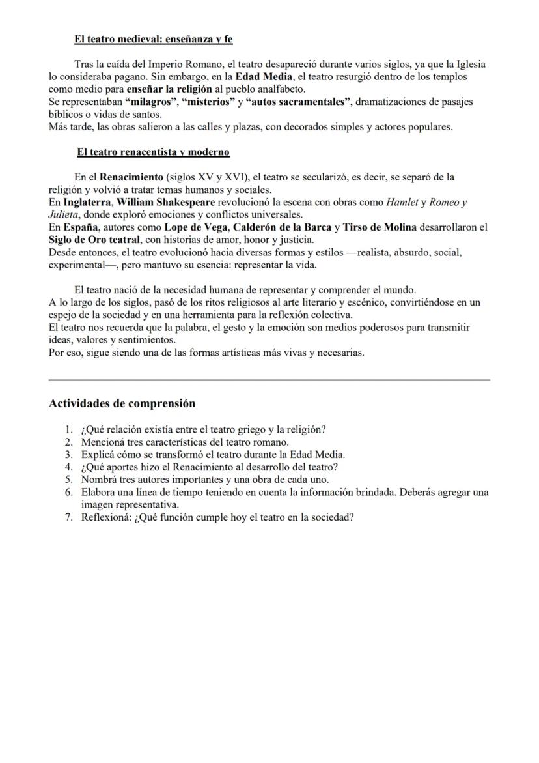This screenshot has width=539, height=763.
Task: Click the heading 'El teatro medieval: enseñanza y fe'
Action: click(153, 40)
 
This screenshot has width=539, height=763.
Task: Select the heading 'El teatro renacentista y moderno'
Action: click(152, 152)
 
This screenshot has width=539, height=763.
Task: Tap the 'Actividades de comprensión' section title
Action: click(122, 403)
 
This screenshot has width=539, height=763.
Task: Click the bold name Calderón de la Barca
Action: click(282, 227)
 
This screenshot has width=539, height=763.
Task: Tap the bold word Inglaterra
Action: click(87, 202)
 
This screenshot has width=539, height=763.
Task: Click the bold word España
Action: click(81, 227)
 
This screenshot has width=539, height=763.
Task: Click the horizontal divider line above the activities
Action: click(269, 379)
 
